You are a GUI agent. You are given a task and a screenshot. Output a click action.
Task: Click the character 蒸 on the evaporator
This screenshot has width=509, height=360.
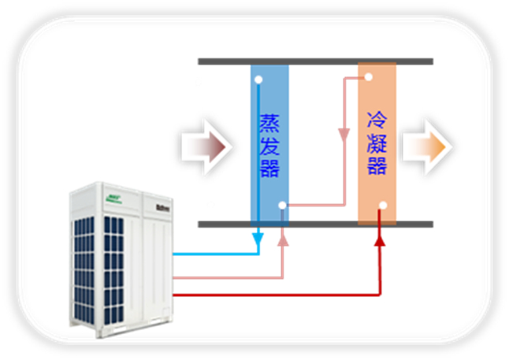[269, 124]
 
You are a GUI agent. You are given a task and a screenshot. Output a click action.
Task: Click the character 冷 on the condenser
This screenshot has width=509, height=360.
[377, 121]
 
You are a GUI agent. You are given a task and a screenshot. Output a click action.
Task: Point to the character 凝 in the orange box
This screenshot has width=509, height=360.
[377, 143]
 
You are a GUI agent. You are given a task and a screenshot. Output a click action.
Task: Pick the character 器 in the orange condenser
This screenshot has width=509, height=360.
[377, 165]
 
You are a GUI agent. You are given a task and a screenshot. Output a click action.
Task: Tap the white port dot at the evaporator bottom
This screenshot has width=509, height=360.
[281, 206]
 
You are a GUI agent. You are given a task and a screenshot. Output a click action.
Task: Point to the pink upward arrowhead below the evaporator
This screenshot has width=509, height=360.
[282, 238]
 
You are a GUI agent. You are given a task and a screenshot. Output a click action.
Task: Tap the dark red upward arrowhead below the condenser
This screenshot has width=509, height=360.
[381, 238]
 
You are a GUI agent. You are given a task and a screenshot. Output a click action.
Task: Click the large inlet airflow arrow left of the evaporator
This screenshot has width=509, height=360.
[204, 146]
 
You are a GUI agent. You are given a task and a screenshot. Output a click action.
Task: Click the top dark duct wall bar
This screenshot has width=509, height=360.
[315, 61]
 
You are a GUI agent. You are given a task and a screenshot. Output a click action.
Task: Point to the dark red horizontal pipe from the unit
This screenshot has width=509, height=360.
[276, 295]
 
